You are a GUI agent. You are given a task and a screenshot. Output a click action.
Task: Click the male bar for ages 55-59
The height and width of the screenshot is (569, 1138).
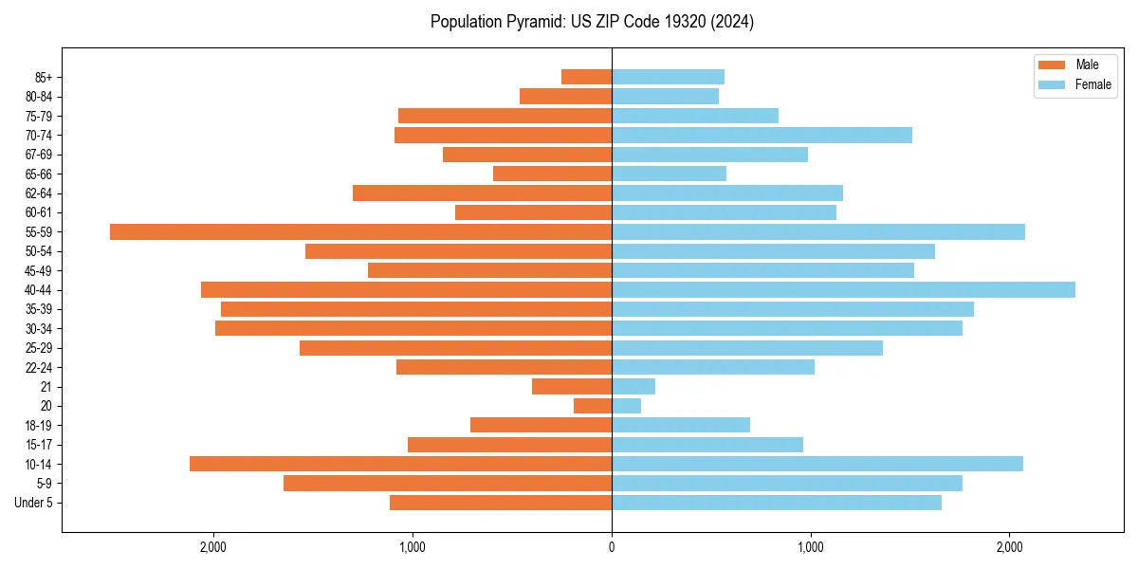pos(360,231)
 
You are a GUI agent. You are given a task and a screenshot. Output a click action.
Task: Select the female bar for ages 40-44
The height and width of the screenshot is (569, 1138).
pos(843,289)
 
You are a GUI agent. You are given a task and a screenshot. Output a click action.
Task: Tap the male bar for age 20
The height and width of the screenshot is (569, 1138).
pos(593,406)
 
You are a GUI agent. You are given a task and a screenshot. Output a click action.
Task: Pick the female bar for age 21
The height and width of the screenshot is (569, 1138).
pos(633,386)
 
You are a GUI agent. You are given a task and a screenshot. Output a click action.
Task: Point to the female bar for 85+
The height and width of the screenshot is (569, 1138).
pos(668,77)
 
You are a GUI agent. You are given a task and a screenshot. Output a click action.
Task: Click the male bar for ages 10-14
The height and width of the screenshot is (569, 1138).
pos(400,464)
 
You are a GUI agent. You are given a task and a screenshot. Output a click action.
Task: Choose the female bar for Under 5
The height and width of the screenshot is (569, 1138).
pos(777,503)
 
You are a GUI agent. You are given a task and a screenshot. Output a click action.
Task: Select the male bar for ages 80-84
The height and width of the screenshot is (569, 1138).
pos(565,96)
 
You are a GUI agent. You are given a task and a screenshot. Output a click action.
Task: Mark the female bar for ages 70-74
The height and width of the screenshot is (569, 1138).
pos(762,135)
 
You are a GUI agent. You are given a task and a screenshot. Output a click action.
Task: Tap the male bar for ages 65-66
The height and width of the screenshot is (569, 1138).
pos(552,174)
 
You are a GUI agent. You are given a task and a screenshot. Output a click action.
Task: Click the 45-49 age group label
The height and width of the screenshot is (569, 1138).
pos(38,270)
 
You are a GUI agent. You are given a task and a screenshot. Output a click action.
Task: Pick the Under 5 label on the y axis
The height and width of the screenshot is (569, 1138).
pos(33,503)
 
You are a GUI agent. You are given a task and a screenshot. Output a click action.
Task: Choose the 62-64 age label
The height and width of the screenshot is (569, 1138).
pos(38,193)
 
